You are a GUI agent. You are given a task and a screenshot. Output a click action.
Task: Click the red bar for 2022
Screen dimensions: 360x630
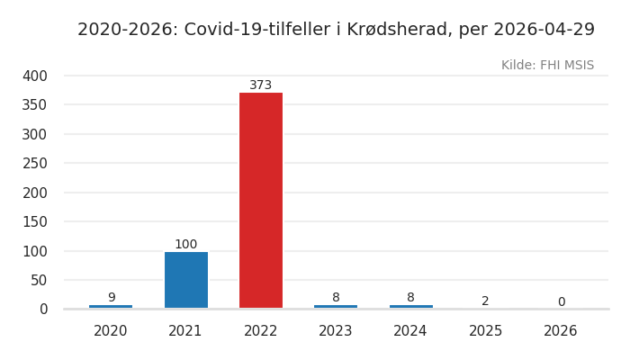pos(261,200)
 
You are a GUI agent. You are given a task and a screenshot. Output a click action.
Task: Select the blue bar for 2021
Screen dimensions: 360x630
pos(185,280)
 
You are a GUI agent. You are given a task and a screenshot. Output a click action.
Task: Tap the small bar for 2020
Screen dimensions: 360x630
pos(111,307)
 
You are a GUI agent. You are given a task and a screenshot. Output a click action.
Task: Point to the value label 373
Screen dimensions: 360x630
pos(261,85)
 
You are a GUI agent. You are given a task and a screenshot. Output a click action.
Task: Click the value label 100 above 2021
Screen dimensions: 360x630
pos(185,245)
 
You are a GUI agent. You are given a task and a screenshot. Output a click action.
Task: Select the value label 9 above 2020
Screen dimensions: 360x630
pos(112,298)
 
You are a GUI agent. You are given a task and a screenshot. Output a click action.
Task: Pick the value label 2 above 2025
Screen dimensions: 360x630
pos(485,301)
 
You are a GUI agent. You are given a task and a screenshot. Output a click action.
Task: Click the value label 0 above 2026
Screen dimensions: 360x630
pos(561,302)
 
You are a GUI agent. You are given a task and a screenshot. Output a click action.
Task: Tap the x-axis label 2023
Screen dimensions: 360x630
pos(336,331)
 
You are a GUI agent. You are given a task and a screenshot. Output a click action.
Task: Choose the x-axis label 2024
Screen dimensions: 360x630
pos(410,331)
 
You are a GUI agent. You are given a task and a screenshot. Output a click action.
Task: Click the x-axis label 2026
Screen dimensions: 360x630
pos(561,331)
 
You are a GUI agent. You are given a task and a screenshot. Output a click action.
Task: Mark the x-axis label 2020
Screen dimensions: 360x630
pos(111,331)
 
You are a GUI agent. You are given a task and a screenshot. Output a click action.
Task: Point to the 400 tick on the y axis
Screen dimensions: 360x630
pos(34,76)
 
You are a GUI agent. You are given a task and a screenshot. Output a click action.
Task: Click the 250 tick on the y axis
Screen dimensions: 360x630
pos(34,163)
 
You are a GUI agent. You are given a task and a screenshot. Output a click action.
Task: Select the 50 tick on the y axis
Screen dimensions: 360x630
pos(38,280)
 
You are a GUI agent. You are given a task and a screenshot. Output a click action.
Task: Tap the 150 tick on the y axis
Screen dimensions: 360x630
pos(34,221)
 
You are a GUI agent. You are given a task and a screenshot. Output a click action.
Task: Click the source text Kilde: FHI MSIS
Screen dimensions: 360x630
pos(547,66)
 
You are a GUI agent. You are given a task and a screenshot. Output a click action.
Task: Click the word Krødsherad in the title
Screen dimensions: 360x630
pos(400,30)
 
